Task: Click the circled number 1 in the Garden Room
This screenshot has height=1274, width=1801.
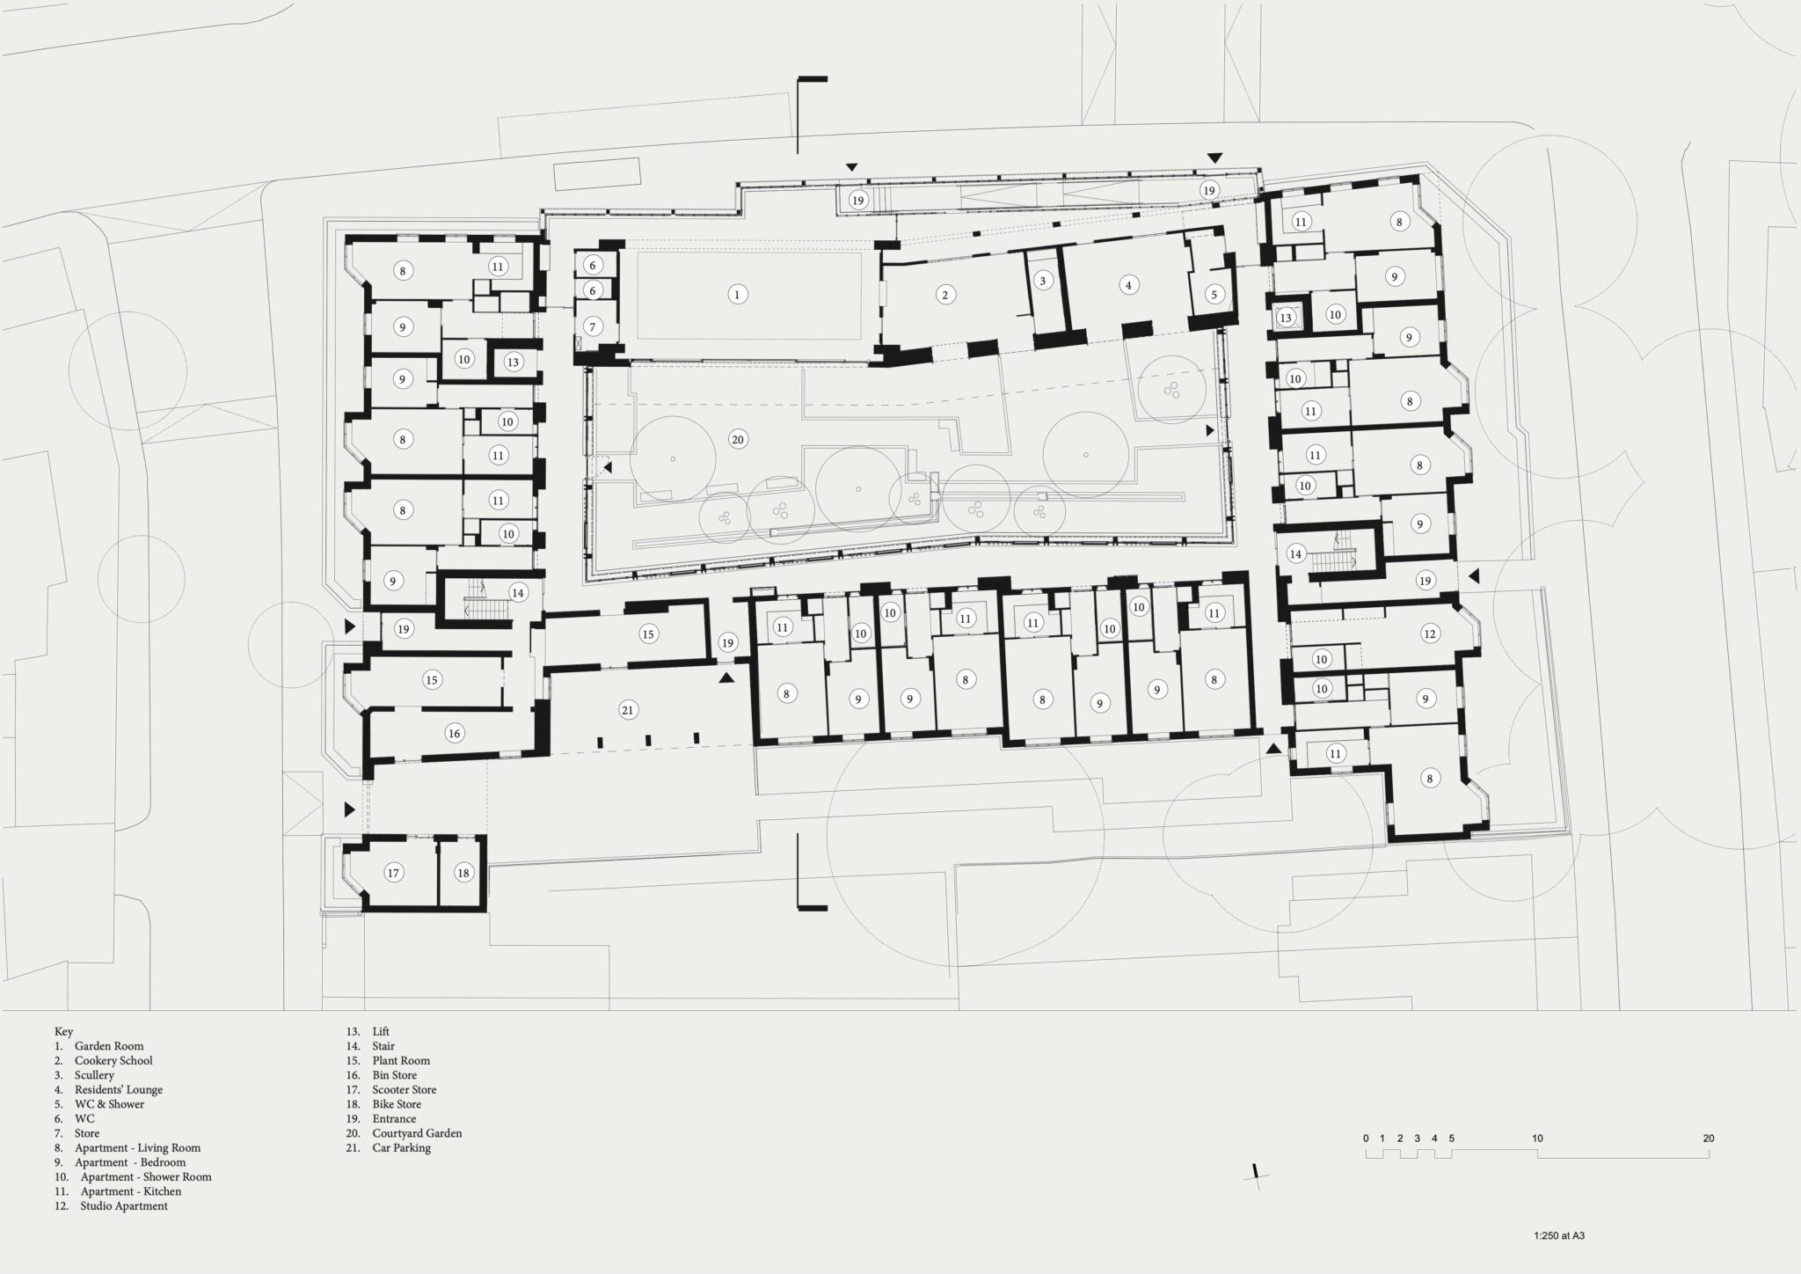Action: (x=737, y=295)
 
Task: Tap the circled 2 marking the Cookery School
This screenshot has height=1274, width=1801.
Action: (x=945, y=295)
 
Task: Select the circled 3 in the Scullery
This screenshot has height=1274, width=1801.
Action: (x=1042, y=281)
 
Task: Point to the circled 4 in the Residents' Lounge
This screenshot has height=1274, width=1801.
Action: (x=1128, y=285)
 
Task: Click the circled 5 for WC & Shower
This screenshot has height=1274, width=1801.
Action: (x=1214, y=295)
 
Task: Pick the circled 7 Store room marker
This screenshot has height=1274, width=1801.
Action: (x=593, y=326)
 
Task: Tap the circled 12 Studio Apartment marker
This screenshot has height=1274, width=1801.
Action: (x=1429, y=633)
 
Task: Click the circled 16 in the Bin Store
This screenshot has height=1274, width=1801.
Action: (x=454, y=733)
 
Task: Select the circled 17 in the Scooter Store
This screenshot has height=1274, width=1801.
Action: (x=393, y=873)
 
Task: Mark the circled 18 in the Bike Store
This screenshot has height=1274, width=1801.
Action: (x=463, y=873)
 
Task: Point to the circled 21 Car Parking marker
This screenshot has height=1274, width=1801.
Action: (x=627, y=710)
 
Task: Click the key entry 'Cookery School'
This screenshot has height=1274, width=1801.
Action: (x=113, y=1060)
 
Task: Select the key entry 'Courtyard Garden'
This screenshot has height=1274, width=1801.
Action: (x=417, y=1133)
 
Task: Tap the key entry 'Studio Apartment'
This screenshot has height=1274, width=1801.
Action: (x=124, y=1206)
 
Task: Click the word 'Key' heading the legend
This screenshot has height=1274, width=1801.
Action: (x=63, y=1031)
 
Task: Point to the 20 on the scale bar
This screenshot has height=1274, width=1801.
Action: (x=1708, y=1138)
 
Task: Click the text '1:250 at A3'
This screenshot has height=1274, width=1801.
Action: (x=1559, y=1235)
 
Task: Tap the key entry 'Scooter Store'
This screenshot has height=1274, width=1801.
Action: (x=405, y=1089)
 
